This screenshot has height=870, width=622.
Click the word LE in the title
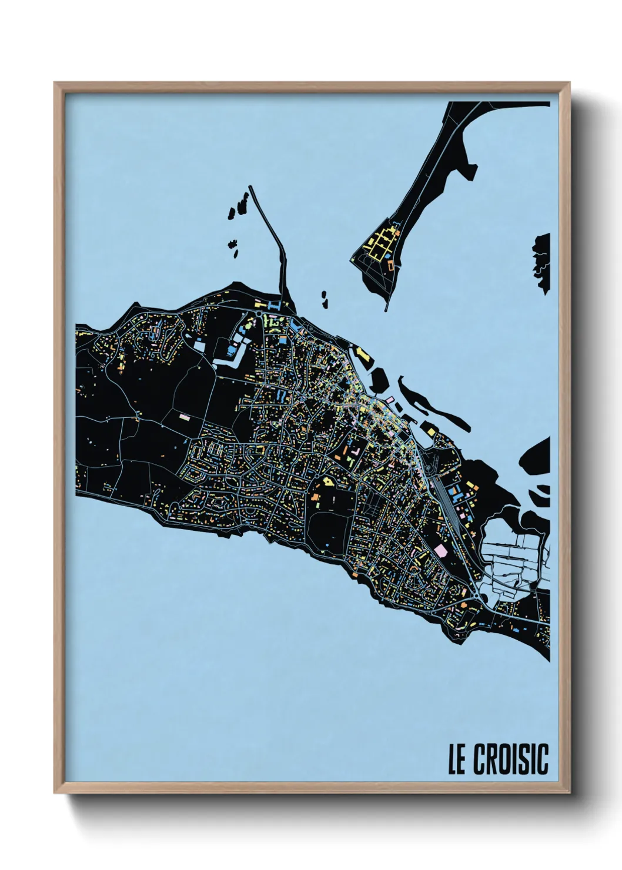[x=457, y=759]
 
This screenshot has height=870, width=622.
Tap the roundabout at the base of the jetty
[x=260, y=314]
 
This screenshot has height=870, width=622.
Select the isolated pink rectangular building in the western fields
[x=185, y=417]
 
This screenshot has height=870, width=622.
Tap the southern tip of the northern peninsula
[x=386, y=307]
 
